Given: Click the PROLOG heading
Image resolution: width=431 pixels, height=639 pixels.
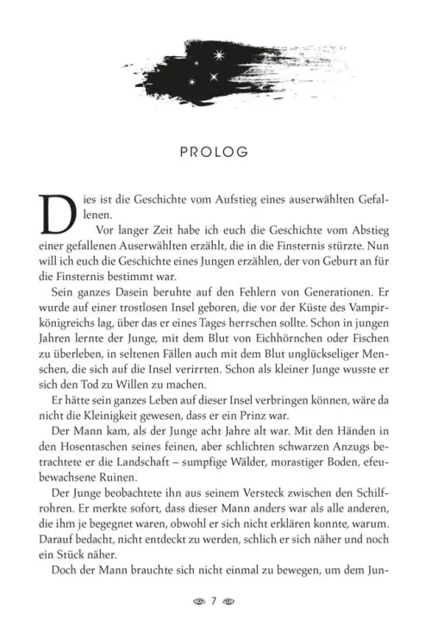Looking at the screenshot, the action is tap(215, 152).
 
